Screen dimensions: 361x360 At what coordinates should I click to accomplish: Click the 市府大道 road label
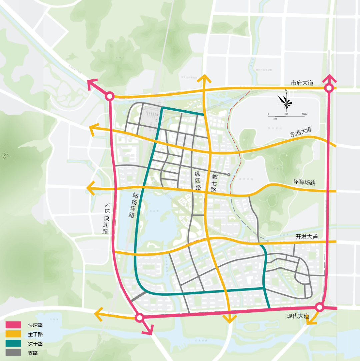pos(302,83)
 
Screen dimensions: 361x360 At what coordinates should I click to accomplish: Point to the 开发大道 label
pos(307,237)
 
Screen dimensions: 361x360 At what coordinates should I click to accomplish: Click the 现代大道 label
pos(298,316)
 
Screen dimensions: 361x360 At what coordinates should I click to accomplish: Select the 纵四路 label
pos(198,180)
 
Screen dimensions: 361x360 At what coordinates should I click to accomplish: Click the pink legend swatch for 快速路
pos(13,325)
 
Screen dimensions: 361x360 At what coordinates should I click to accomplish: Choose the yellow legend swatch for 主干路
pos(13,334)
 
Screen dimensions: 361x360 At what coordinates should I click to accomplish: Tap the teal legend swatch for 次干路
pos(13,343)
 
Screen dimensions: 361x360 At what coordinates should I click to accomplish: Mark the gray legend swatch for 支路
pos(13,353)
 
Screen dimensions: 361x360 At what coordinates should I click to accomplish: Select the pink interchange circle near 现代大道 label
pos(319,307)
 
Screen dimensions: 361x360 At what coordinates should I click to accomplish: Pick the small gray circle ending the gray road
pos(229,175)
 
